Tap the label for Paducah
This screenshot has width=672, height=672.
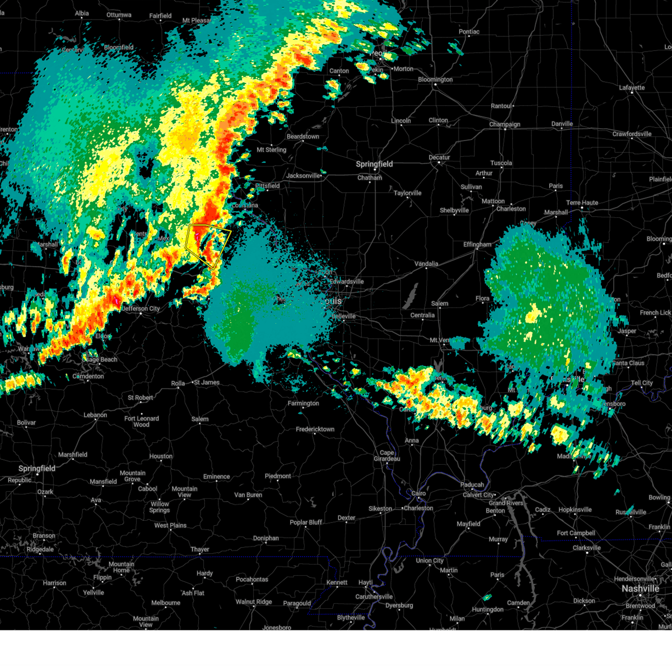(472, 485)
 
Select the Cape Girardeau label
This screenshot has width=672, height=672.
(387, 456)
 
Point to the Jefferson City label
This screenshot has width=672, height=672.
(141, 309)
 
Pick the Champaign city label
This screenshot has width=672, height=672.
(505, 124)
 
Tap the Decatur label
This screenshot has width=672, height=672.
(440, 157)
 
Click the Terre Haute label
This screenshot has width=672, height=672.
(582, 203)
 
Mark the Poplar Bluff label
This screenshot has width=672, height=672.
(306, 522)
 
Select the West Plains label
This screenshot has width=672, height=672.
(170, 525)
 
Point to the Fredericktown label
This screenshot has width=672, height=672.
(315, 430)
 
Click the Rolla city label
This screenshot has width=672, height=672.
(178, 384)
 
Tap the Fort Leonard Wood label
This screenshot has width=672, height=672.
(142, 421)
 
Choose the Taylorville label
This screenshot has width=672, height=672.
(408, 193)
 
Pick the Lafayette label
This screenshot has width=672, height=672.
(632, 88)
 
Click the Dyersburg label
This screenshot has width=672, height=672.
(399, 605)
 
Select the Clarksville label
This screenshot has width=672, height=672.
(586, 548)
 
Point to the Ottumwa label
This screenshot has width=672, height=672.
(119, 15)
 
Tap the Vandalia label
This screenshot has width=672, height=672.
(426, 264)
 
